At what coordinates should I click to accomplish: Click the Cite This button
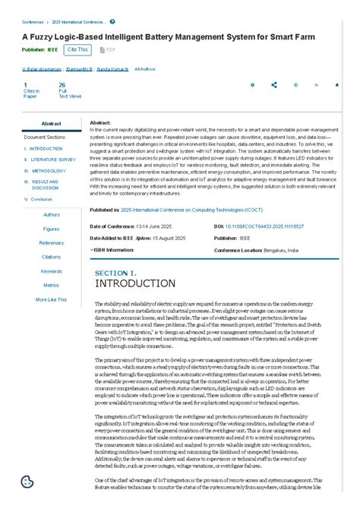tap(77, 49)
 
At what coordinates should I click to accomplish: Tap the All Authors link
tap(145, 69)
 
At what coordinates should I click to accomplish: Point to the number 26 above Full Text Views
tap(62, 85)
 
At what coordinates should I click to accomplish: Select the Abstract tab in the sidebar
tap(52, 124)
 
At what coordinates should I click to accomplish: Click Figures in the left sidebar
tap(52, 229)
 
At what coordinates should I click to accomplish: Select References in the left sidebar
tap(52, 243)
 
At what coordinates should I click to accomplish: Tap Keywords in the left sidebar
tap(52, 271)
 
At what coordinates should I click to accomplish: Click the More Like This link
tap(52, 299)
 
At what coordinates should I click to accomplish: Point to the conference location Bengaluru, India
tap(279, 250)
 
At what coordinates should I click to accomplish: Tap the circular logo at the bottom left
tap(27, 482)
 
